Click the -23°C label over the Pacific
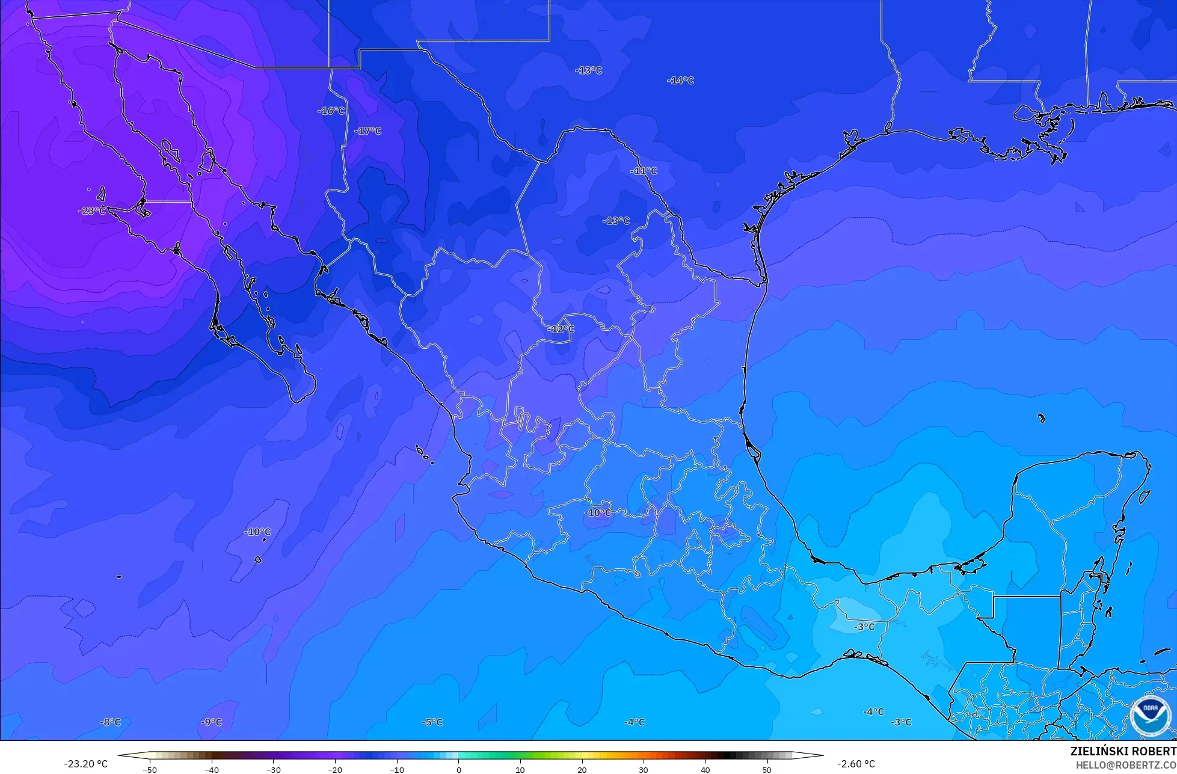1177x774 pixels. click(92, 210)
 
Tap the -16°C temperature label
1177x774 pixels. click(331, 111)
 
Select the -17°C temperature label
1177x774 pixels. click(367, 131)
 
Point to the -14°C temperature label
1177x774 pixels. click(680, 81)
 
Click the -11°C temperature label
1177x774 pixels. click(644, 171)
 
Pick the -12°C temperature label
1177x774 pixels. click(561, 329)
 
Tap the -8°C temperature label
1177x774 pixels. click(110, 722)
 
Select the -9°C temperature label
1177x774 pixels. click(211, 722)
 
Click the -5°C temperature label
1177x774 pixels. click(432, 722)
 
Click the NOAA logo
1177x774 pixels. click(1151, 715)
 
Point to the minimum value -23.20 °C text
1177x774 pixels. click(86, 764)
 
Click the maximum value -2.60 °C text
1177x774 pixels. click(856, 764)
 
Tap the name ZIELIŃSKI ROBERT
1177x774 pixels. click(1123, 751)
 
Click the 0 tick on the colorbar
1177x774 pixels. click(458, 769)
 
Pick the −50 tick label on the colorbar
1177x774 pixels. click(150, 769)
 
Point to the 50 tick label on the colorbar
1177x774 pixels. click(767, 769)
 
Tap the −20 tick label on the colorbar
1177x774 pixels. click(334, 769)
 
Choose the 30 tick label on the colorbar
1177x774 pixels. click(644, 769)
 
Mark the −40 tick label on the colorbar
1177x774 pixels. click(211, 769)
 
